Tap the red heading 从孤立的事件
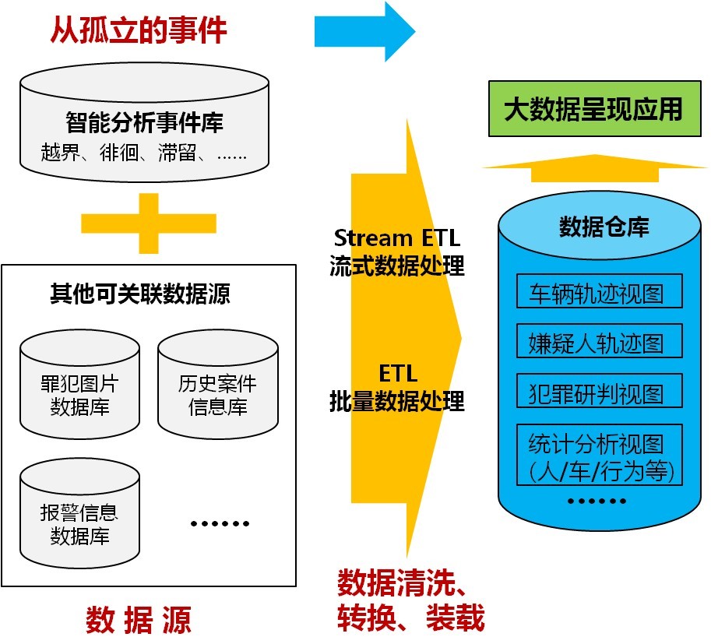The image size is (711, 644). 139,30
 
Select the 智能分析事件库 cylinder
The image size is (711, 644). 144,123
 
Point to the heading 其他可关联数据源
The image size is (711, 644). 140,294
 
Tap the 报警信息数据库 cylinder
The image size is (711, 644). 79,513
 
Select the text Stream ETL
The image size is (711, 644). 397,237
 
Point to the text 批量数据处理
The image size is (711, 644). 397,400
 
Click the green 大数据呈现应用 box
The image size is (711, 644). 593,110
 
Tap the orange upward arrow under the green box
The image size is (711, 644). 593,164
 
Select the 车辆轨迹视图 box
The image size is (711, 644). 599,292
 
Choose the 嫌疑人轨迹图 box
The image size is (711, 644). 599,342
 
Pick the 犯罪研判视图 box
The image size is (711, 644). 599,392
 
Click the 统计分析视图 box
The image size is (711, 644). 599,456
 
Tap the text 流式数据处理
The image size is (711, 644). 397,266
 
